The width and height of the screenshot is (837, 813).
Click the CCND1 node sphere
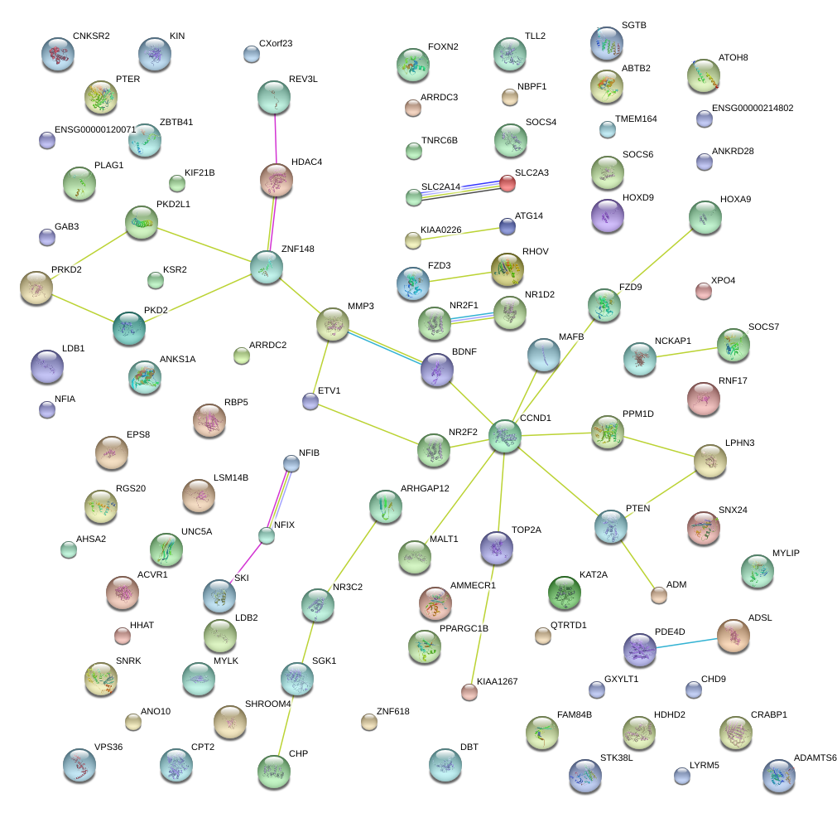click(504, 436)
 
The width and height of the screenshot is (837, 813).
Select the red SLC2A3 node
click(507, 183)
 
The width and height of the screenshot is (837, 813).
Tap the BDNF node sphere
click(436, 370)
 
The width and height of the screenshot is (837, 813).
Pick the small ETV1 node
click(310, 401)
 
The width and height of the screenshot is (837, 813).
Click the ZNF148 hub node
click(267, 267)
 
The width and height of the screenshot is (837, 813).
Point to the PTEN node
click(611, 526)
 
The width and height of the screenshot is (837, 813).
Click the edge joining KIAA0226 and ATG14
click(459, 234)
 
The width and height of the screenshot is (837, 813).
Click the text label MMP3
click(361, 307)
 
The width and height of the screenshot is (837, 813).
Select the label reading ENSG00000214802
click(753, 108)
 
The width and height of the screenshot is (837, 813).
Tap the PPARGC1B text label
click(464, 628)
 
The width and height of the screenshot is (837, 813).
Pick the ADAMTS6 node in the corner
click(778, 776)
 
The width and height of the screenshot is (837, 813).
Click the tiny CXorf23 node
click(252, 55)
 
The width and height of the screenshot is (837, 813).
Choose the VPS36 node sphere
click(79, 766)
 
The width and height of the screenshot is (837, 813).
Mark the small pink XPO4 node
click(703, 291)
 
